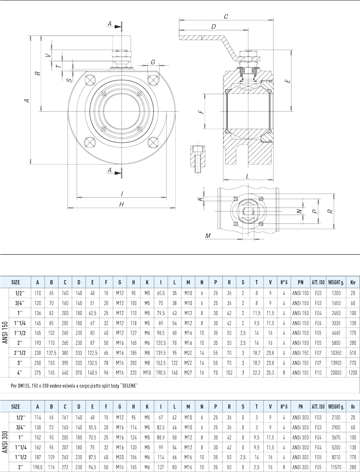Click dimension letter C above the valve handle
(x=226, y=17)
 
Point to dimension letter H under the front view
(x=121, y=205)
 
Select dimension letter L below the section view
(x=248, y=176)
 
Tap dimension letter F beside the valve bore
(x=201, y=111)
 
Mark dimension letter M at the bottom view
(x=208, y=236)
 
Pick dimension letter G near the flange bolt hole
(x=153, y=63)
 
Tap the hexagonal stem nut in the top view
(x=247, y=211)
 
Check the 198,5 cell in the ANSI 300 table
(x=38, y=466)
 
